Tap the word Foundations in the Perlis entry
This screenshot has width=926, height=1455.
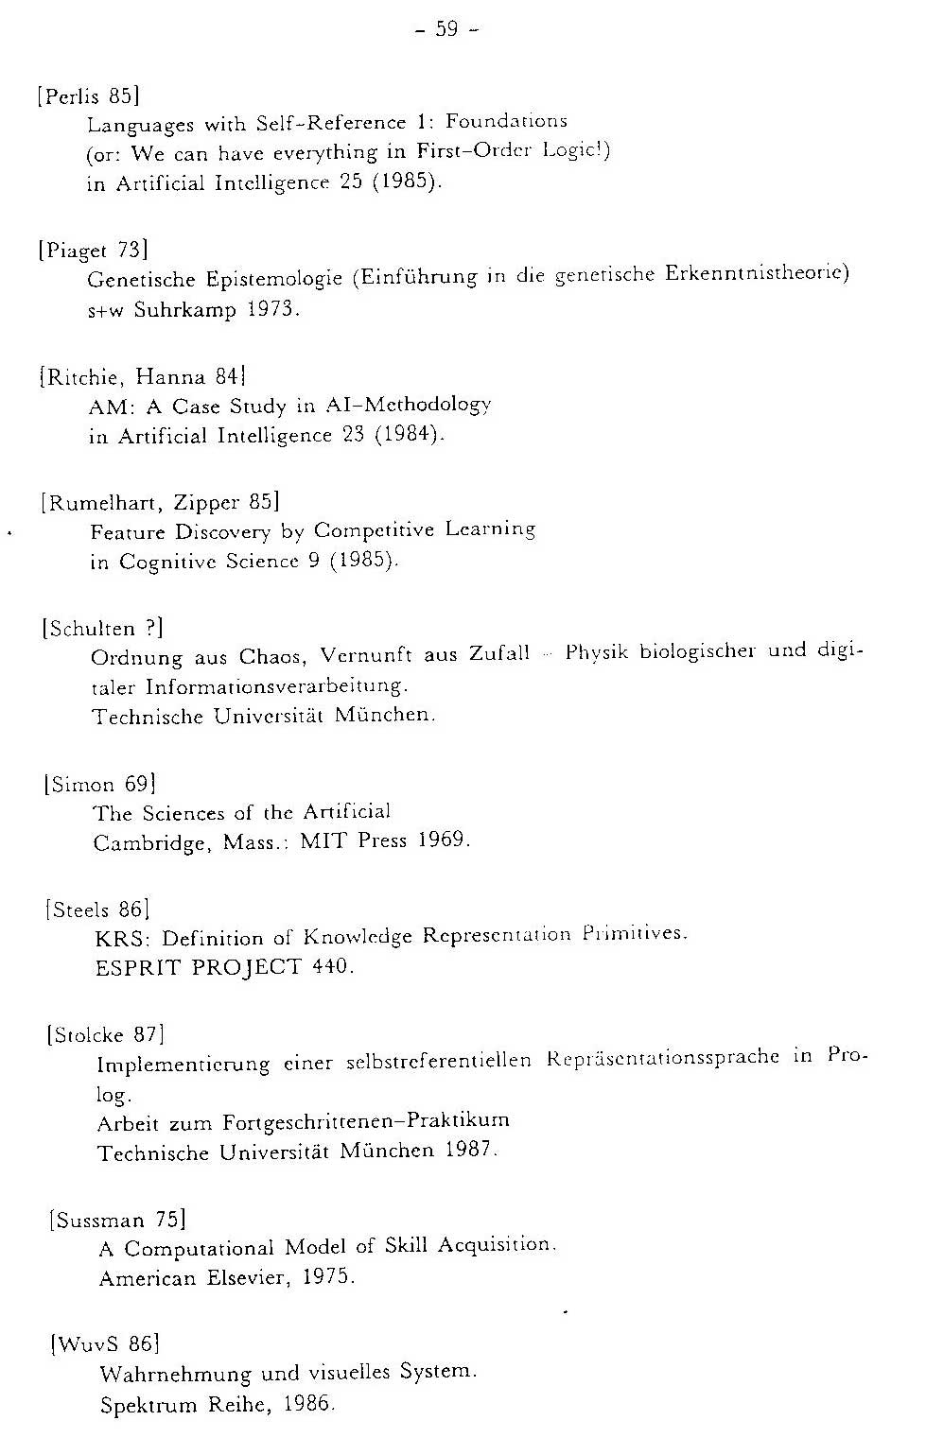click(506, 121)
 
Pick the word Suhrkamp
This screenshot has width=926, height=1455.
click(184, 310)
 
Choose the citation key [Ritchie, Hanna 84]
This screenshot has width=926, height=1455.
click(143, 376)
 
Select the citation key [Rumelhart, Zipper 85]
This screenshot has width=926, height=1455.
click(159, 502)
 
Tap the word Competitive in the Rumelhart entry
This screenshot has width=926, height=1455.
click(374, 530)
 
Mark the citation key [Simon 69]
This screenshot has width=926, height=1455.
click(99, 784)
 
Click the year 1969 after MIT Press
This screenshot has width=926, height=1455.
click(442, 840)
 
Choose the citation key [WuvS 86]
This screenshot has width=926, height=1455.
click(104, 1343)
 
